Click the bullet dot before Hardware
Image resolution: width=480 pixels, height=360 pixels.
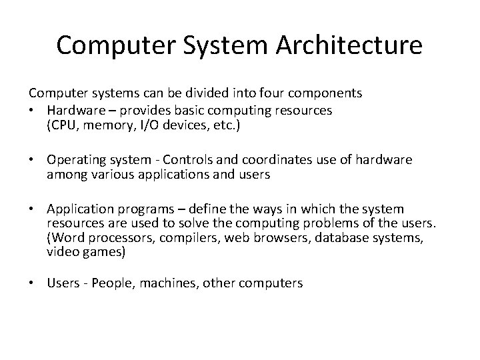(31, 109)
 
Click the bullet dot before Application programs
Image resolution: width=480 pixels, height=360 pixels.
(31, 210)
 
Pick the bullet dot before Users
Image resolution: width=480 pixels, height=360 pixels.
(31, 283)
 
